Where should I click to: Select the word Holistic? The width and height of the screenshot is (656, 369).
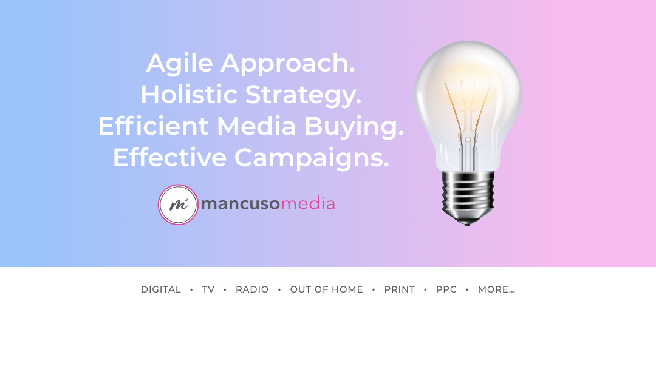pos(189,95)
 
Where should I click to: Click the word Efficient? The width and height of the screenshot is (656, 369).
pos(153,126)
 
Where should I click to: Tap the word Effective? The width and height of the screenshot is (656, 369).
pos(170,158)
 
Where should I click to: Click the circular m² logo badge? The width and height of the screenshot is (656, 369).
pos(178,205)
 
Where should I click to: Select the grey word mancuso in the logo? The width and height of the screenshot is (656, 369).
pos(241,204)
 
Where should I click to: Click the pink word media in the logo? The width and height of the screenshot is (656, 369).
pos(308,203)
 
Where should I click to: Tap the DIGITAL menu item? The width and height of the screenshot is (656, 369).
pos(161,289)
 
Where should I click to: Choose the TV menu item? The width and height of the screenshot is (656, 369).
pos(208,289)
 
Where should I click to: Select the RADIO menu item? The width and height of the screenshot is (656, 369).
pos(252,289)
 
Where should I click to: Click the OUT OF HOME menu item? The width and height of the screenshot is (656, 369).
pos(327,289)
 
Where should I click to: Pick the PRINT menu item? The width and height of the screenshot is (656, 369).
pos(400,289)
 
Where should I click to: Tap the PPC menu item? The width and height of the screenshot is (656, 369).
pos(446,289)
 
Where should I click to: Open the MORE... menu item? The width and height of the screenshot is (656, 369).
pos(497,289)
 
